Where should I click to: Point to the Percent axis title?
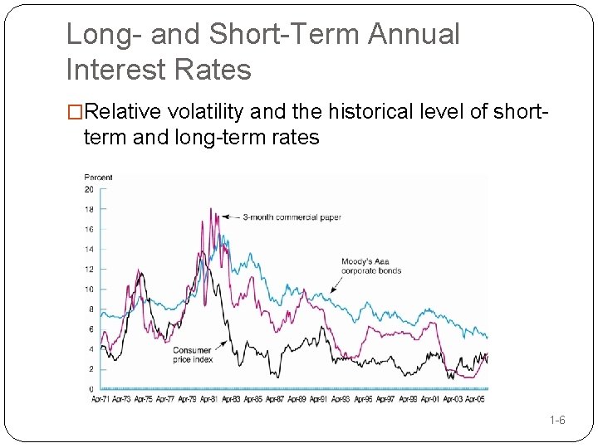pos(98,178)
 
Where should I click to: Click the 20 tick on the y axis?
pos(89,189)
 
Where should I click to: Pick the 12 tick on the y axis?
pos(89,269)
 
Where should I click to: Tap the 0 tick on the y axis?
pos(91,389)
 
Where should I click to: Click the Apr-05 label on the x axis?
pos(475,400)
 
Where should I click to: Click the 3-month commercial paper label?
pos(292,217)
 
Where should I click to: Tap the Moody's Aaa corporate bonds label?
pos(370,266)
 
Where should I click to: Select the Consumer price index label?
pos(193,355)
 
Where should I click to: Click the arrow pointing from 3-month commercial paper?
pos(228,217)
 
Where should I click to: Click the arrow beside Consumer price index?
pos(223,344)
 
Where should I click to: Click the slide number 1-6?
pos(557,421)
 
